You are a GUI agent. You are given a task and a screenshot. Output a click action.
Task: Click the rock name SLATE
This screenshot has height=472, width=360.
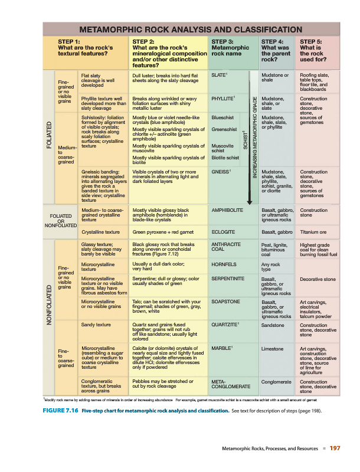pos(219,75)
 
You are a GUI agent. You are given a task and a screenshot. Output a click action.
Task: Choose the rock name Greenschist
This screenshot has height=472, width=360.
pos(224,129)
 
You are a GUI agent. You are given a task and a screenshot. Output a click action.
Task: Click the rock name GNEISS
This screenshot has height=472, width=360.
pos(220,171)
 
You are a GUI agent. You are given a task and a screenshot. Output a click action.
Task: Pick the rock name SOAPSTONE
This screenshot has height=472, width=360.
pos(225,301)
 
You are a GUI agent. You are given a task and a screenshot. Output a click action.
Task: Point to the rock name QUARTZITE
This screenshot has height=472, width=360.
pos(224,324)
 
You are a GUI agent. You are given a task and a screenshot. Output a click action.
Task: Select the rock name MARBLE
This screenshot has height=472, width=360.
pos(221,348)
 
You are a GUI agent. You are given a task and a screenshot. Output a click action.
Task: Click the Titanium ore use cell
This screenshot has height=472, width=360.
pos(314,232)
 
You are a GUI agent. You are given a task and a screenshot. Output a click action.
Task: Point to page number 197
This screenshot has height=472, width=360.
pos(335,450)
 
